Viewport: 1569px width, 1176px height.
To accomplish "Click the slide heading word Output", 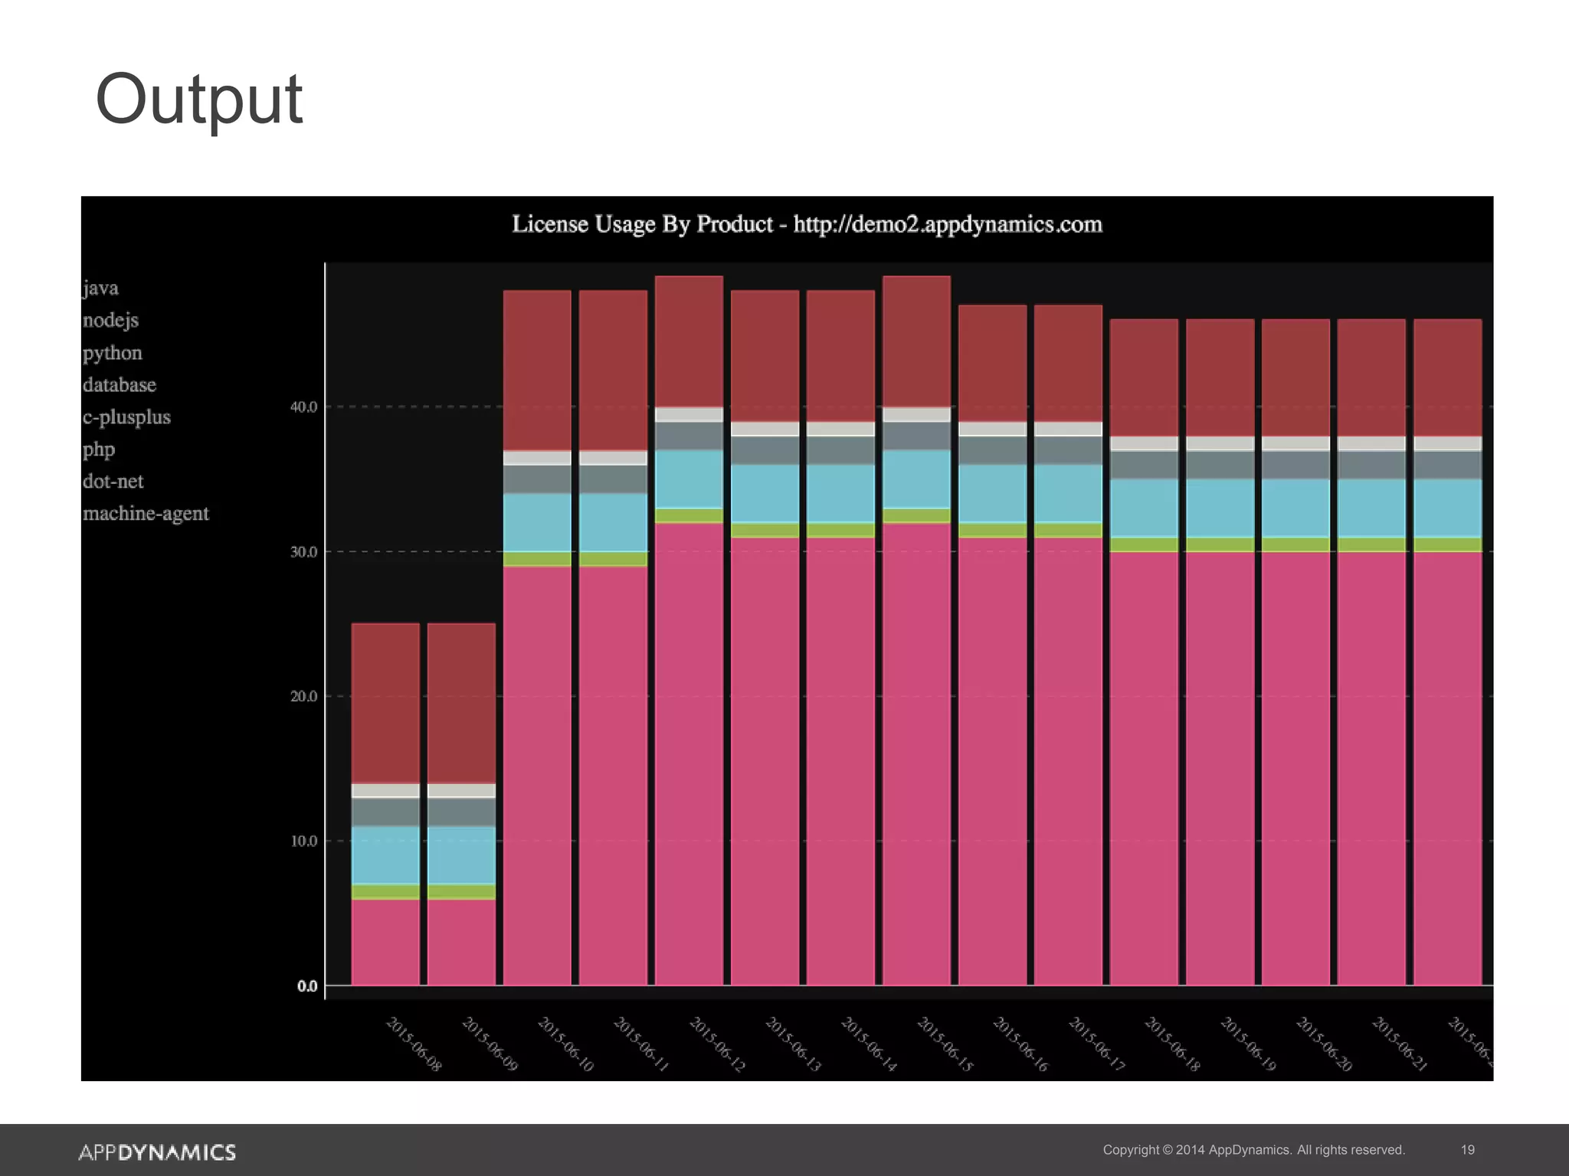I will click(x=199, y=100).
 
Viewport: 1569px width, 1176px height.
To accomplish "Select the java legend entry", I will click(x=100, y=288).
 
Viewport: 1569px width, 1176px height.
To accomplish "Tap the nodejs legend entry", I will click(x=110, y=320).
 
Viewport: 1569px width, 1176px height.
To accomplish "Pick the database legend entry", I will click(x=119, y=384).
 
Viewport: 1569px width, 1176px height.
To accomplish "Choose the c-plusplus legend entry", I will click(x=126, y=417).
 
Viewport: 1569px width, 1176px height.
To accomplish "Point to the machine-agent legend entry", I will click(x=146, y=513).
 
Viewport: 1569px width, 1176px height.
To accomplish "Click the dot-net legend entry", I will click(x=113, y=482).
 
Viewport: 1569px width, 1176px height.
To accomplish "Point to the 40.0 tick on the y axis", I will click(x=303, y=407).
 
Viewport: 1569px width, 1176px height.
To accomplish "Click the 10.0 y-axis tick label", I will click(x=303, y=841).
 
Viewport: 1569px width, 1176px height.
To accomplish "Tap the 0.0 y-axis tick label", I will click(x=307, y=986).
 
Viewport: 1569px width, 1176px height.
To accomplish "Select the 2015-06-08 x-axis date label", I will click(x=414, y=1044).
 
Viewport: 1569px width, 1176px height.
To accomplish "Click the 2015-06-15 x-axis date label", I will click(x=945, y=1044).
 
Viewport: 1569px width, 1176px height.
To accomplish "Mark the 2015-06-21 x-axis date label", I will click(x=1399, y=1044).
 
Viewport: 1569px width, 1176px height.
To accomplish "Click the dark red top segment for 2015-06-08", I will click(x=385, y=703).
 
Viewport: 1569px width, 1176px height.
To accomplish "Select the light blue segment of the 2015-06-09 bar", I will click(x=461, y=855).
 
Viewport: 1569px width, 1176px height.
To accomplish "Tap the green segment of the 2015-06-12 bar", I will click(x=689, y=515).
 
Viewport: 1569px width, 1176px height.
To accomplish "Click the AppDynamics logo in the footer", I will click(x=157, y=1152).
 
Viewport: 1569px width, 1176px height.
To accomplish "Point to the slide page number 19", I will click(x=1467, y=1150).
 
